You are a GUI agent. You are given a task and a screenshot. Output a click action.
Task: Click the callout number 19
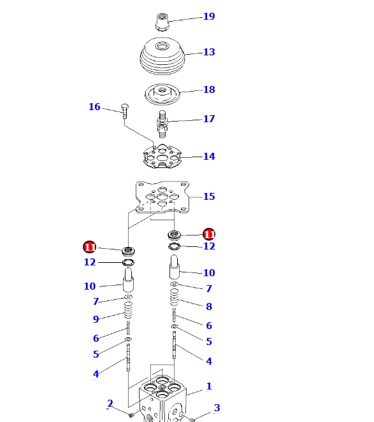click(209, 17)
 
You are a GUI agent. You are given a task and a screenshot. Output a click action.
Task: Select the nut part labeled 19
click(162, 22)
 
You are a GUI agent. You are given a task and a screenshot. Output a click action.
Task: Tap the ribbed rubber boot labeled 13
click(162, 56)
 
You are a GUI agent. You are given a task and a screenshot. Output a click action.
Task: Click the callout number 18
click(209, 90)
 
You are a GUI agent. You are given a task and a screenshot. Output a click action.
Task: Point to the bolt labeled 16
click(125, 111)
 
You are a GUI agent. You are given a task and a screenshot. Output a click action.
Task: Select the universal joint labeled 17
click(162, 124)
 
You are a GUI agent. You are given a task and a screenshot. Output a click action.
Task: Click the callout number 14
click(209, 157)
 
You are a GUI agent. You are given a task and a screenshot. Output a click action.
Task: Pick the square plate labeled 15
click(162, 197)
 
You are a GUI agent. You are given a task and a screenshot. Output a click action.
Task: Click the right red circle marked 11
click(209, 234)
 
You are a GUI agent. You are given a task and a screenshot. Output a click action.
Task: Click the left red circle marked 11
click(89, 247)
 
